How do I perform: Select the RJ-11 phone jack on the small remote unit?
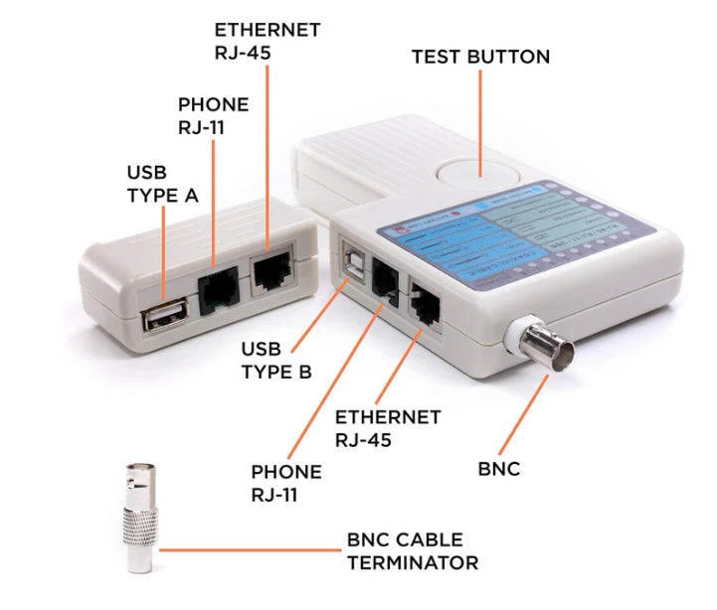(218, 287)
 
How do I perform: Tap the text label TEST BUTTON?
(480, 57)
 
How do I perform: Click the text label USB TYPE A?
(163, 183)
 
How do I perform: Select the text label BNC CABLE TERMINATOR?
(412, 551)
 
